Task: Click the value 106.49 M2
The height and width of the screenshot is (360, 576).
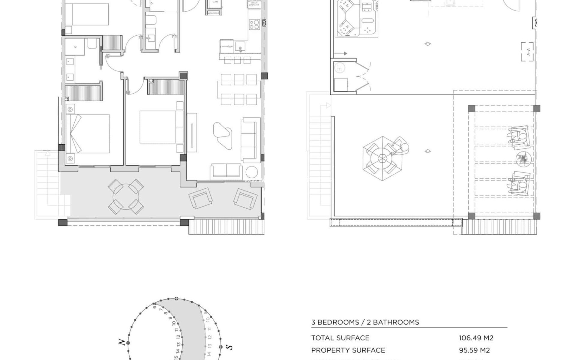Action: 476,338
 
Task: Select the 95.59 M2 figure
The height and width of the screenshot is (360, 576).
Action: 474,350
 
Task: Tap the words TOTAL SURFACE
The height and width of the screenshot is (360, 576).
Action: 340,338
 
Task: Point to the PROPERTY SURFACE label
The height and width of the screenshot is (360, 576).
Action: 348,350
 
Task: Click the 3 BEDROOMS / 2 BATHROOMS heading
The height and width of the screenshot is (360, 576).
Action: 365,322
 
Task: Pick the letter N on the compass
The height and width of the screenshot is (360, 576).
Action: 121,342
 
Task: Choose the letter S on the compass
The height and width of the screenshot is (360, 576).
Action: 229,347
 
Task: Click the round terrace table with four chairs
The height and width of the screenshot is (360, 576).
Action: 126,196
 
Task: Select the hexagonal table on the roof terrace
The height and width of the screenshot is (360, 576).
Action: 382,158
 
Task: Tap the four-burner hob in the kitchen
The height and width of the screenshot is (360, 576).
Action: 254,24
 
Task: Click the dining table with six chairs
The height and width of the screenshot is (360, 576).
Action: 239,89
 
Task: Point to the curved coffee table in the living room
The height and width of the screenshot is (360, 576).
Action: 222,134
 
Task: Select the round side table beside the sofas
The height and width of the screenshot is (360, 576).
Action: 251,172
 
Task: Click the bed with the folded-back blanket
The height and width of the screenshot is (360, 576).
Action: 87,133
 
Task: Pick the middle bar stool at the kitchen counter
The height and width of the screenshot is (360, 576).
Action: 237,61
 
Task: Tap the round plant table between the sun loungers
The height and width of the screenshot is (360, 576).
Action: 523,159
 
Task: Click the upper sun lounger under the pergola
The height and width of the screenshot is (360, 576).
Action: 518,137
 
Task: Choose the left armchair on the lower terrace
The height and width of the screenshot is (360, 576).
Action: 200,198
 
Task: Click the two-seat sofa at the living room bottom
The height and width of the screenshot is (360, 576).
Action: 226,171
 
